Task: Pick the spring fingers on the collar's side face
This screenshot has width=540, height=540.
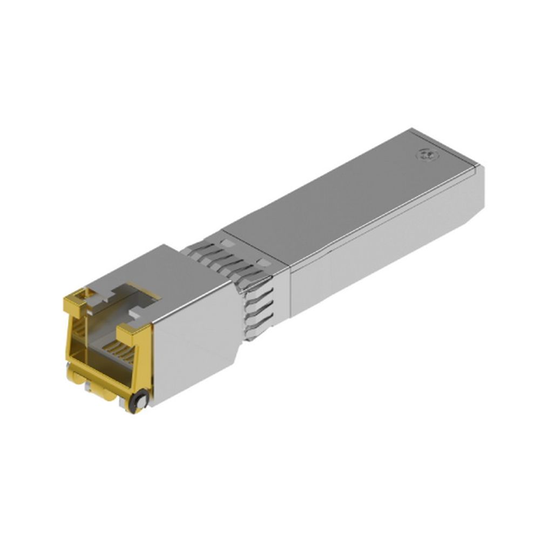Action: coord(258,308)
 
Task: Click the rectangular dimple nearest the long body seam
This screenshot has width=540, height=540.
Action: coord(264,262)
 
